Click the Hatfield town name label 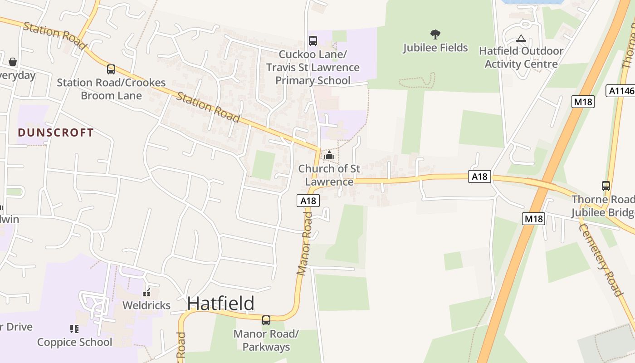220,303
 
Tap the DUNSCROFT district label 56,132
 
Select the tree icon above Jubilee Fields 435,34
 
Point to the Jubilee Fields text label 435,48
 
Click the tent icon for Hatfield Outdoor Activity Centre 521,39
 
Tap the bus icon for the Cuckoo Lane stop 313,41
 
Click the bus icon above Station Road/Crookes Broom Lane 111,69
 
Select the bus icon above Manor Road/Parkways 266,320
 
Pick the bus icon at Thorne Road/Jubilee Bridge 606,186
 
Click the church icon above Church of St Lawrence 329,155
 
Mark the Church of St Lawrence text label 329,175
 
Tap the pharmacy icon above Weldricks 147,293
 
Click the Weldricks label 147,305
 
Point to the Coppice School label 74,342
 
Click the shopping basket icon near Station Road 13,61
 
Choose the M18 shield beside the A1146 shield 583,102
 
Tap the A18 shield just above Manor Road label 308,201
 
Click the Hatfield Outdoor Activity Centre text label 521,57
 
